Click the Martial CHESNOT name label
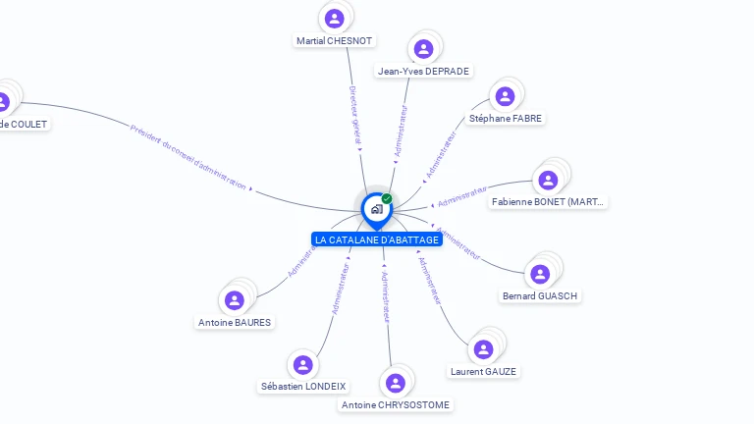tap(336, 41)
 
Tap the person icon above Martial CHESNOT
tap(335, 18)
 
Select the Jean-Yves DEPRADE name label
tap(424, 71)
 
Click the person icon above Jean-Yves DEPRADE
tap(423, 48)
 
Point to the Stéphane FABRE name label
tap(505, 118)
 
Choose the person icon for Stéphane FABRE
tap(505, 95)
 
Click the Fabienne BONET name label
tap(549, 201)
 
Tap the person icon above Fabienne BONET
tap(548, 180)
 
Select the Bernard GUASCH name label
tap(540, 295)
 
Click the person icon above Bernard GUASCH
tap(539, 274)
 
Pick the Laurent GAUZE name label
tap(483, 371)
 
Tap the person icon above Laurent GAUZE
tap(483, 348)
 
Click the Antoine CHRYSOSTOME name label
tap(397, 404)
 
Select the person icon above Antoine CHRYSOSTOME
tap(396, 382)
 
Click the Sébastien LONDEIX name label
tap(303, 387)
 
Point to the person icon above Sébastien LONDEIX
tap(303, 364)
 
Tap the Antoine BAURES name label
tap(235, 322)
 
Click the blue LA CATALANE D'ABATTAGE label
tap(376, 239)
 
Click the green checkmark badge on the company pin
tap(387, 198)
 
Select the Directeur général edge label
tap(354, 115)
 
